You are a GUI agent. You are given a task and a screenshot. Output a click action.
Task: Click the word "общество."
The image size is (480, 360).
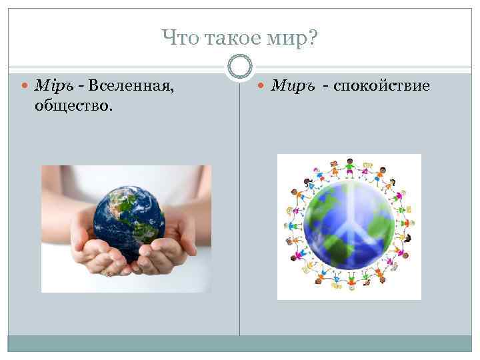(x=73, y=106)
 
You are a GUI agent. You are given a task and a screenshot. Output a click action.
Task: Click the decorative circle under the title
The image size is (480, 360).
(x=240, y=66)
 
